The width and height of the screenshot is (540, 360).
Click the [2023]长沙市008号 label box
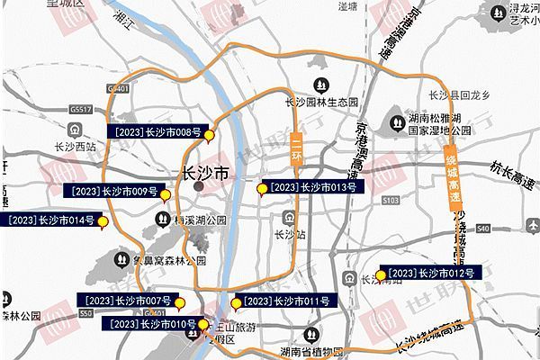point(157,131)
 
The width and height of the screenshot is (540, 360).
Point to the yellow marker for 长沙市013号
point(262,189)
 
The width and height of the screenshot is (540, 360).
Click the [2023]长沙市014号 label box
point(49,220)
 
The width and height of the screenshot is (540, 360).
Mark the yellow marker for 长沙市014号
point(102,221)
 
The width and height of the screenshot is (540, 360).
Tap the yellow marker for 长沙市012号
point(382,275)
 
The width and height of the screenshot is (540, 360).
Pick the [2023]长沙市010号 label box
point(151,323)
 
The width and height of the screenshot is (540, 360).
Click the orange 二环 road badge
point(297,150)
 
